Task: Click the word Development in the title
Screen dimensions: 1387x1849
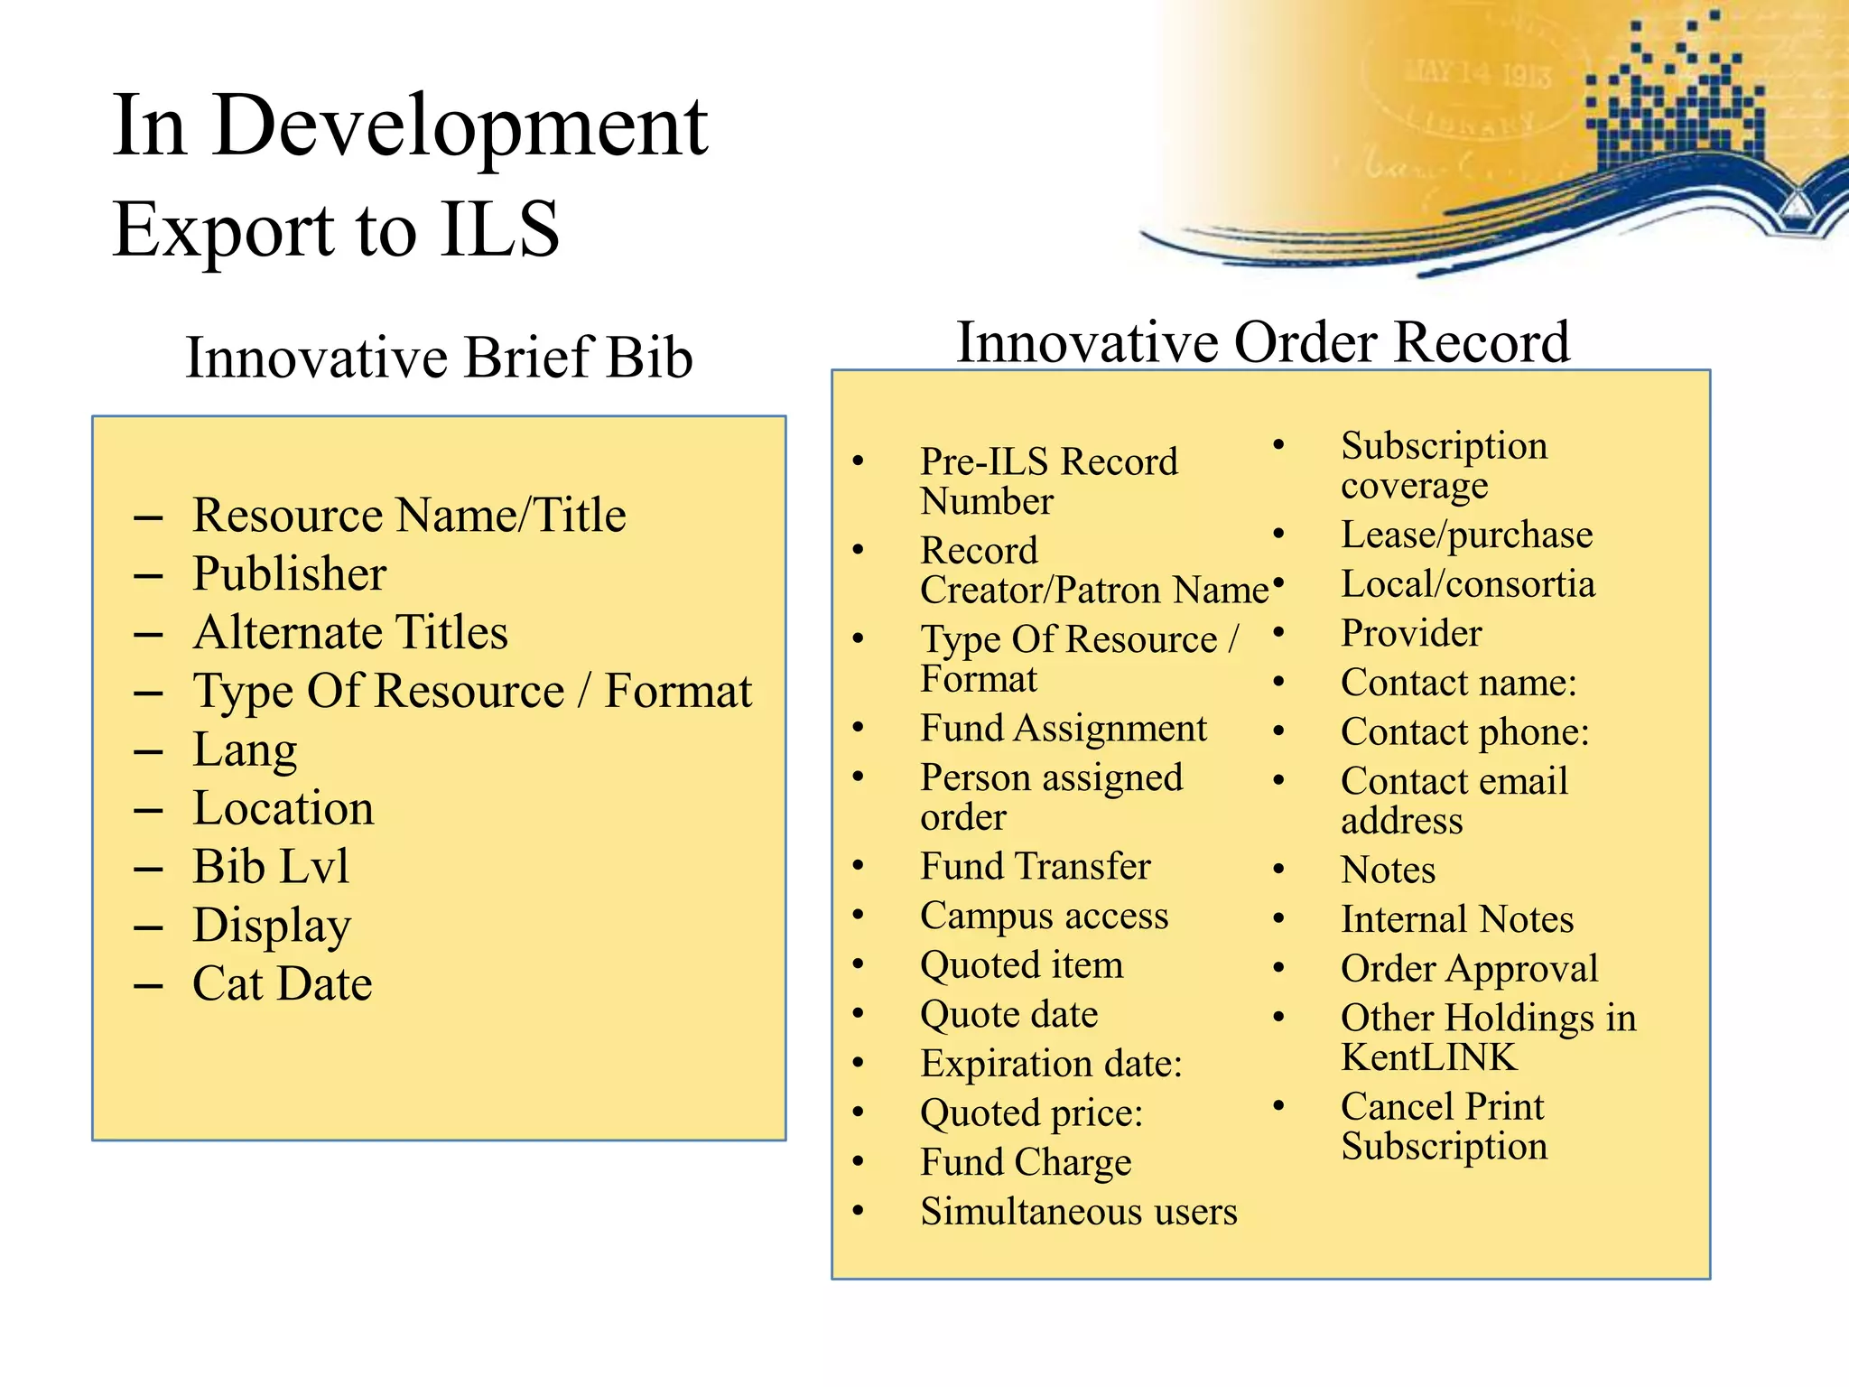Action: click(x=460, y=127)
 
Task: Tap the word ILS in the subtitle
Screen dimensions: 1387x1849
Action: click(x=500, y=229)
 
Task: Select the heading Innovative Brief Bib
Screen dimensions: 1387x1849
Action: click(x=439, y=357)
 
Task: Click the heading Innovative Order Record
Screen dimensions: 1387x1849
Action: click(x=1263, y=342)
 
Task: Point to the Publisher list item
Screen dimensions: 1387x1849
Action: click(x=290, y=573)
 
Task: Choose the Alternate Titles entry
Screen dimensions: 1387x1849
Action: click(x=350, y=632)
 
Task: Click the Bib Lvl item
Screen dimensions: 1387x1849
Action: click(x=271, y=866)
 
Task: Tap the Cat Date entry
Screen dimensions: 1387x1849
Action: click(x=283, y=983)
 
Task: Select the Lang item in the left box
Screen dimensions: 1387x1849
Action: click(x=245, y=749)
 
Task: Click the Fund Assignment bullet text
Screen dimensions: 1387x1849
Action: click(x=1063, y=728)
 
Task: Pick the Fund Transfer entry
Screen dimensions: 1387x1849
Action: click(x=1035, y=866)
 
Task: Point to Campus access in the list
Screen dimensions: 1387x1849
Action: click(x=1044, y=916)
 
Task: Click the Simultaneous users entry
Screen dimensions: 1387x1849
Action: click(x=1078, y=1212)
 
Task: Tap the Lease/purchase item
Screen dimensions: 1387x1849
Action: click(x=1466, y=535)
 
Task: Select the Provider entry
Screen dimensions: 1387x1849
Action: click(x=1411, y=633)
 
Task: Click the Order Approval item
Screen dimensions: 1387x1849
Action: click(x=1469, y=968)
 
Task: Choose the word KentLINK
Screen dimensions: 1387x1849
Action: click(x=1428, y=1057)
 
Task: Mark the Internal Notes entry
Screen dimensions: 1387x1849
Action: click(x=1457, y=919)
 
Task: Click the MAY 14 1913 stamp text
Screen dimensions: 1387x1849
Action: click(x=1477, y=72)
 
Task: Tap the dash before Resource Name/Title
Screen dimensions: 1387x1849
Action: click(x=148, y=517)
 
